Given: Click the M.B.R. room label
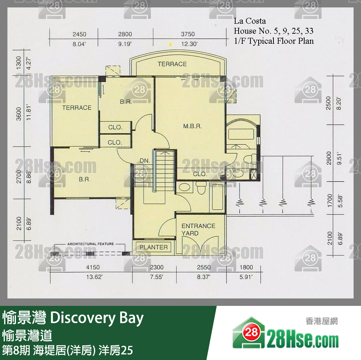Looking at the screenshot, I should [x=192, y=126].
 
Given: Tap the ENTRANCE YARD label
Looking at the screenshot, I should [x=198, y=229].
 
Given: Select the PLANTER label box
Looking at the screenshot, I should [x=154, y=247].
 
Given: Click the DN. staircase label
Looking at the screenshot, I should [x=145, y=161].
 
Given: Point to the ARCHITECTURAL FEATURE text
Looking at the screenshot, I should [x=90, y=244].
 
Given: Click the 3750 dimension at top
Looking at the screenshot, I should [x=188, y=34].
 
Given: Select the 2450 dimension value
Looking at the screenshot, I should [x=79, y=34].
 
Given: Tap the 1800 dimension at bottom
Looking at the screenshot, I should [x=246, y=267].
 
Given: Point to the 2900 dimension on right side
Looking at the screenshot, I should [x=328, y=159].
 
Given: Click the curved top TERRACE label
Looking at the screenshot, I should [x=172, y=64].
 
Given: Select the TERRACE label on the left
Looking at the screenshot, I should [x=76, y=108].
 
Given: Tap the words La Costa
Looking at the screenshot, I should [x=250, y=21].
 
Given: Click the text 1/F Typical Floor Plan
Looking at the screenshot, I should [x=273, y=41].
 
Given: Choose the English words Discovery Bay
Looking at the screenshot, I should [x=96, y=318].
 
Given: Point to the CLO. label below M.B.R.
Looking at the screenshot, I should [x=200, y=174].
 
